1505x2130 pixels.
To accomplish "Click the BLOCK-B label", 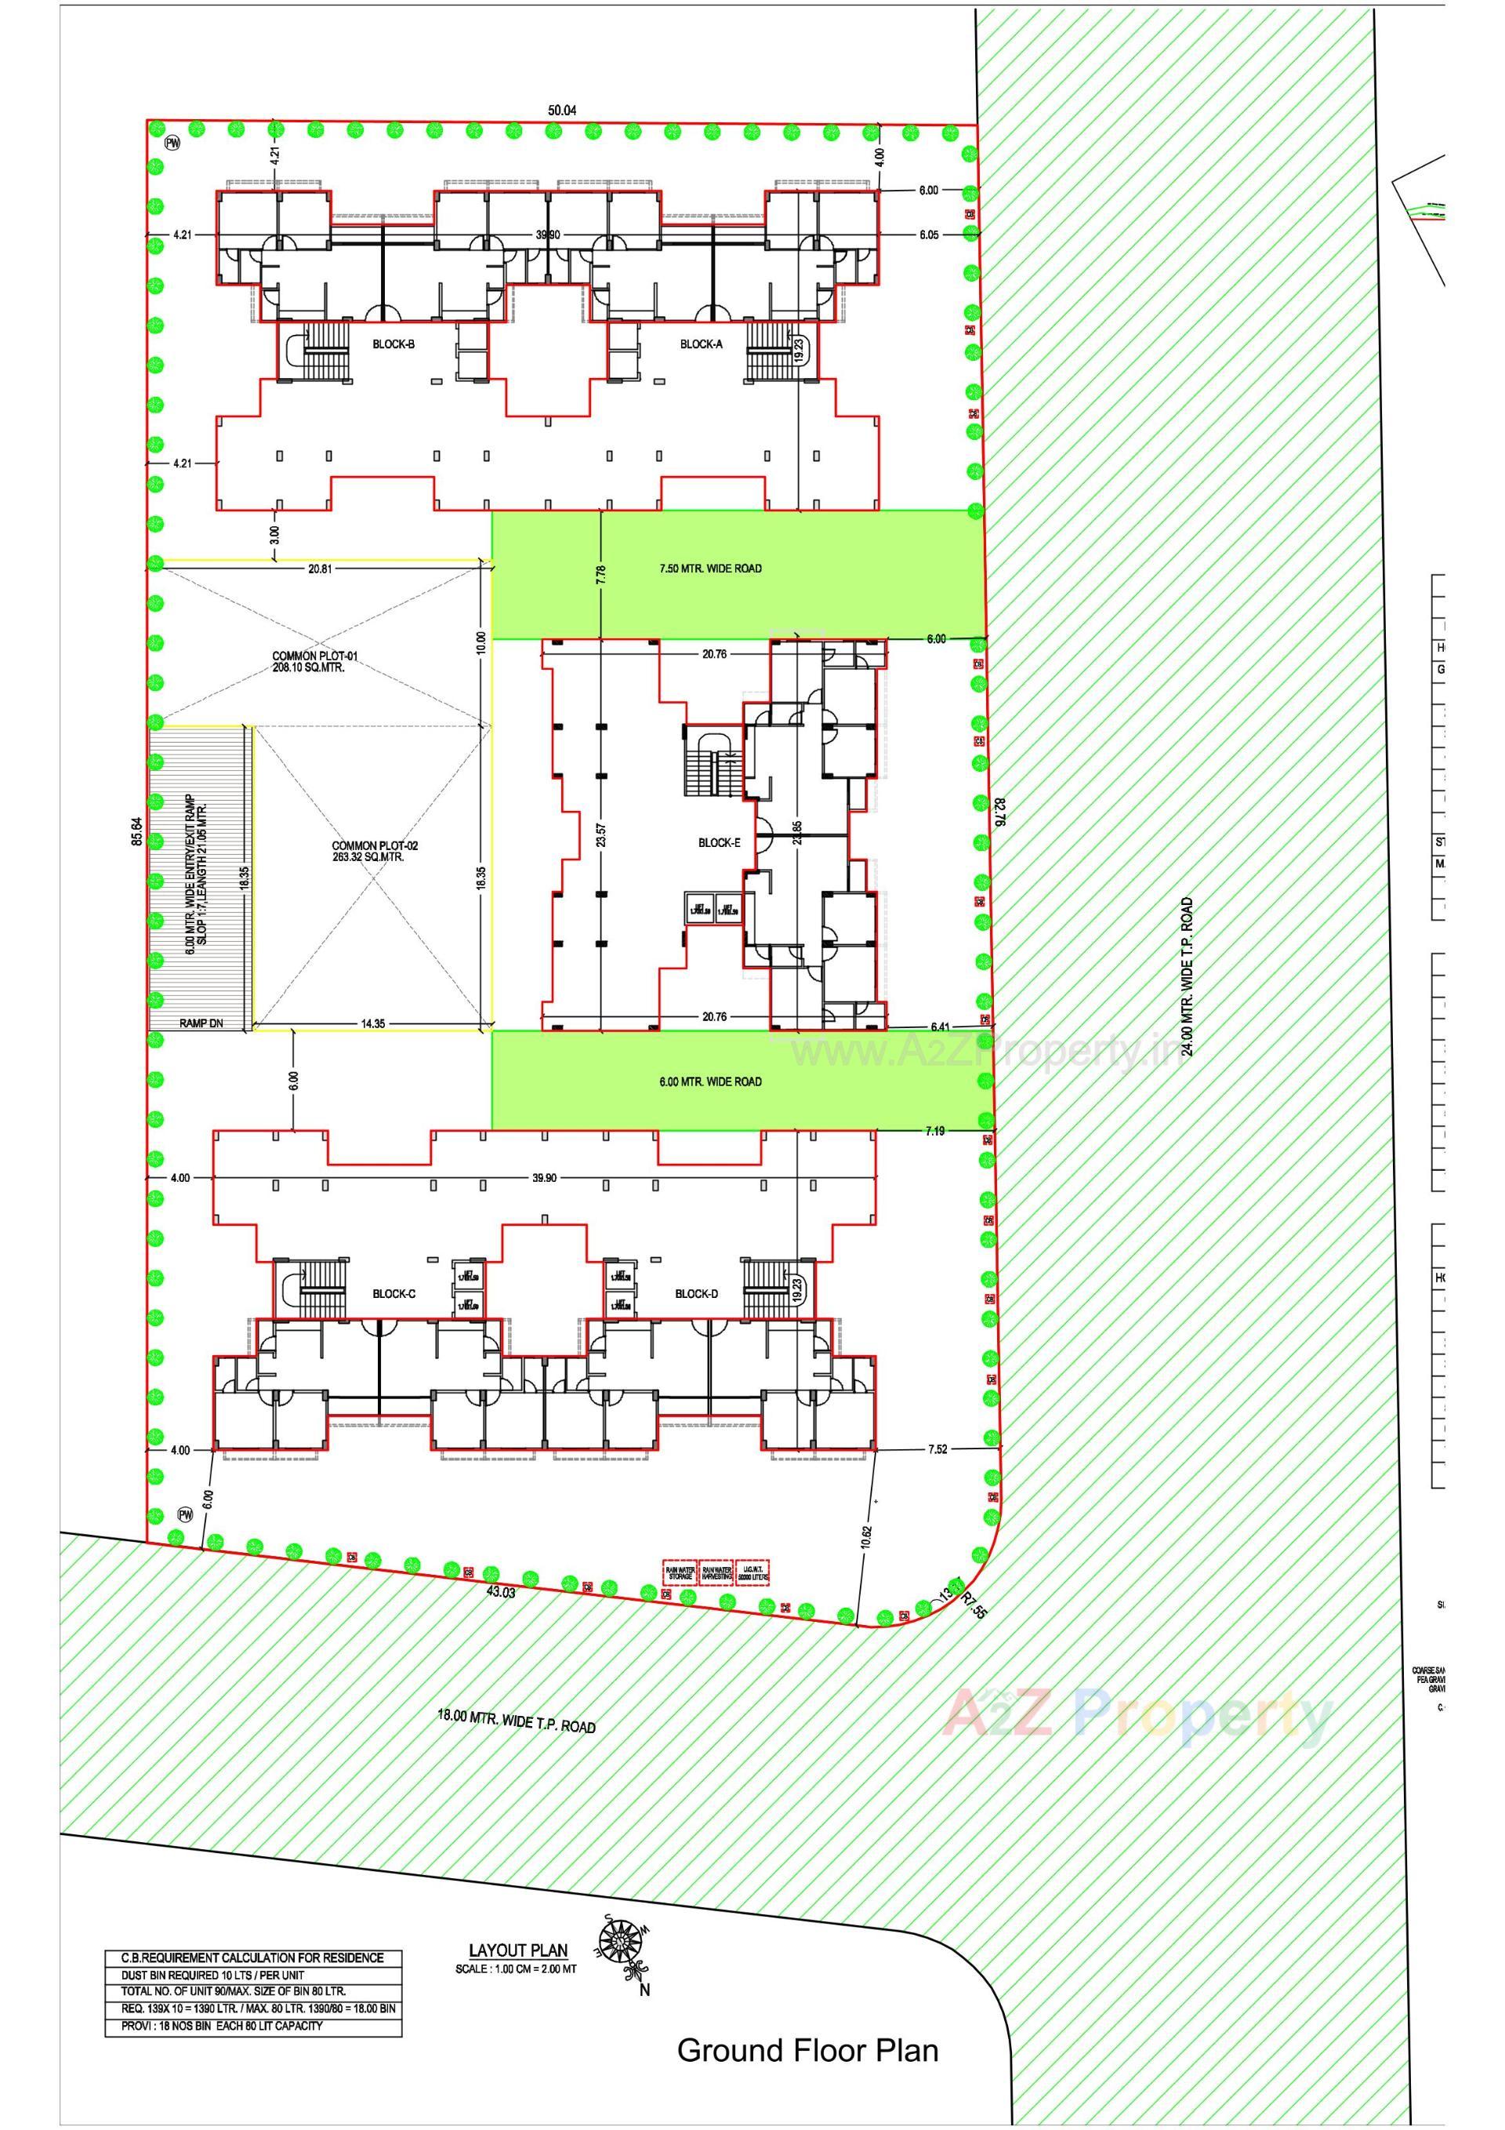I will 393,344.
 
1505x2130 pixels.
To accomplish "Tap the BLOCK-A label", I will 701,344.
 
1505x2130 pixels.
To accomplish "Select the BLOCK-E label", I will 720,843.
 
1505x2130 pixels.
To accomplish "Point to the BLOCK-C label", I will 393,1294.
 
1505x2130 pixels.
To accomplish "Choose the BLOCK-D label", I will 696,1294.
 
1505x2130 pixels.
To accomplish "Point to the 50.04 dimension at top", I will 562,111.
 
